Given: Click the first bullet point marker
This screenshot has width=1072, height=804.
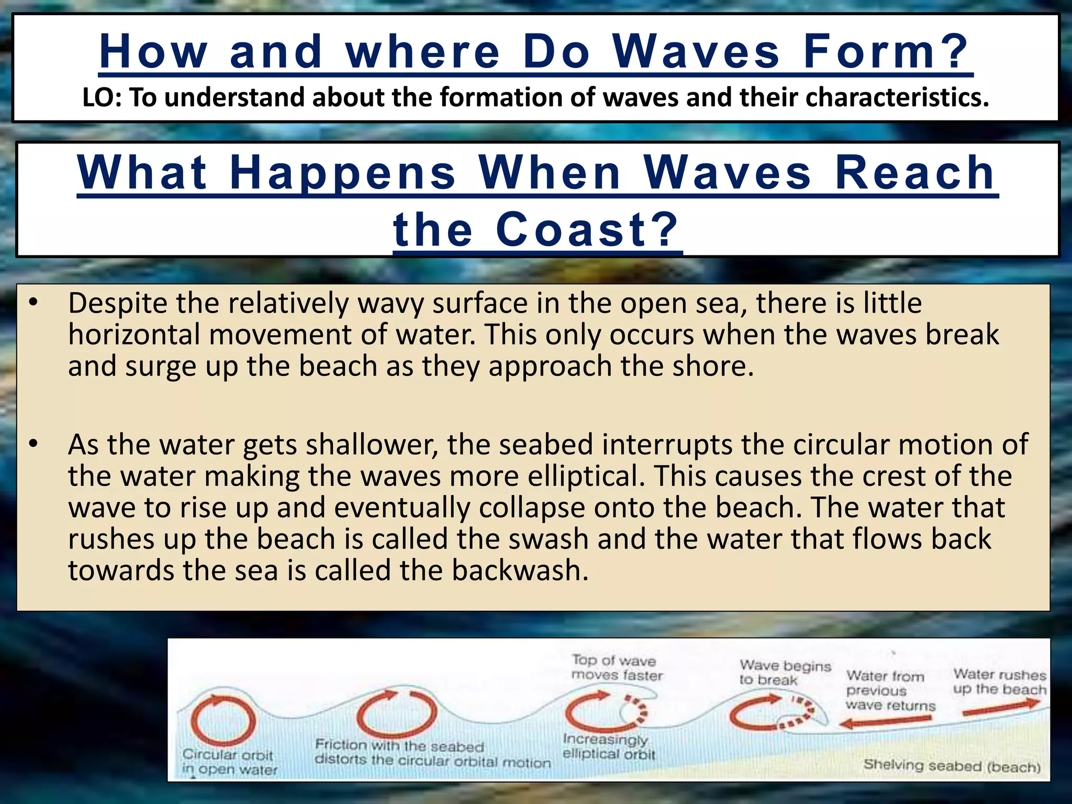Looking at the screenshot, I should pos(33,303).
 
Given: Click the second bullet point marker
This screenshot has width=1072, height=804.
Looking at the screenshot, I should pos(33,444).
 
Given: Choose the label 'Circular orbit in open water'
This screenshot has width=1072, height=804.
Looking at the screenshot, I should pos(229,762).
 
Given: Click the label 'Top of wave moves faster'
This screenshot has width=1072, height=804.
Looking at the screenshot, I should pos(617,668).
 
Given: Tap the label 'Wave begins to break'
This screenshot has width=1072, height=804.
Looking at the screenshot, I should pos(784,673).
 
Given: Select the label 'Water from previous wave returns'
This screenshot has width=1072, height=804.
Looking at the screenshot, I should pos(890,691).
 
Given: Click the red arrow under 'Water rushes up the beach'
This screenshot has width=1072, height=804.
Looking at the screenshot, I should pos(1000,708).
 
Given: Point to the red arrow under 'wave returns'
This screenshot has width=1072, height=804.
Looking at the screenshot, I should pos(885,722).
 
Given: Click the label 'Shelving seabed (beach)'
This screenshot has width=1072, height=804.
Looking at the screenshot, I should pos(952,766).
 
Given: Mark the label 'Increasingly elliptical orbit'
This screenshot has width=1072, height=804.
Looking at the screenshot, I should pos(608,747).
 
